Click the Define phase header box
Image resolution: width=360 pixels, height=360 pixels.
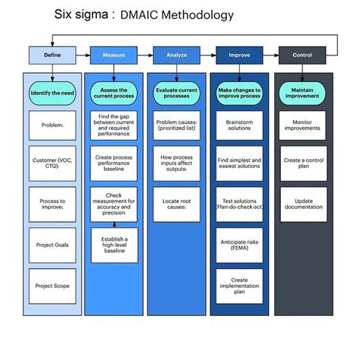click(x=52, y=55)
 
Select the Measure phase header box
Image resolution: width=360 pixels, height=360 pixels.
click(x=114, y=55)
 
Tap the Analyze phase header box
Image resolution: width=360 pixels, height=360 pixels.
click(x=177, y=55)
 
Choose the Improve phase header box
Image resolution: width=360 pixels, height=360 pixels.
click(x=240, y=55)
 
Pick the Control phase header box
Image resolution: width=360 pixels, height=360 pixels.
click(x=302, y=55)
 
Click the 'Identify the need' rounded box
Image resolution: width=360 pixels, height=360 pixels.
click(x=52, y=93)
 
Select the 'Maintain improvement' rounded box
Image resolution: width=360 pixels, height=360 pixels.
click(x=302, y=93)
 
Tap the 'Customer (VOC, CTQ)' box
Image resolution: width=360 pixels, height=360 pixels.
click(x=52, y=165)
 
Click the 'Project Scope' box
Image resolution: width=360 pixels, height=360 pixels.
click(x=52, y=286)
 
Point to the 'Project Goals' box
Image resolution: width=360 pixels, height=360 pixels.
click(x=52, y=245)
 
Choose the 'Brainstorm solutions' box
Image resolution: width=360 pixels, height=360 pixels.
click(x=240, y=124)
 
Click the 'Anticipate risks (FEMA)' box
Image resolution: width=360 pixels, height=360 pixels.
click(x=240, y=245)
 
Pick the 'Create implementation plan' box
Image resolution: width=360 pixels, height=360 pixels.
click(x=240, y=286)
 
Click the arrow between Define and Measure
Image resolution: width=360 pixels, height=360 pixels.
click(x=83, y=55)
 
